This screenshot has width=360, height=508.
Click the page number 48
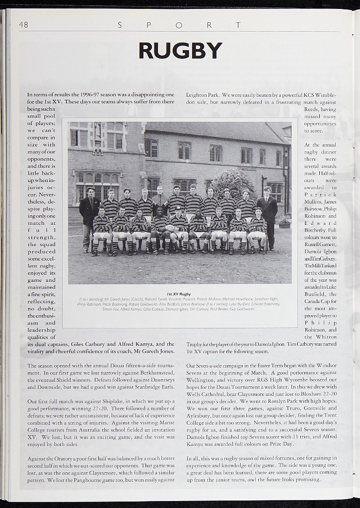click(x=23, y=25)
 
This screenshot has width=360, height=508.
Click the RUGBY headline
click(x=180, y=51)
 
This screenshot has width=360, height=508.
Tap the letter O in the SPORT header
click(x=179, y=25)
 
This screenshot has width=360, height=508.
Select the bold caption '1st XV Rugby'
click(x=179, y=294)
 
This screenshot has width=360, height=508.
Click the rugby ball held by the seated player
click(x=170, y=228)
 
